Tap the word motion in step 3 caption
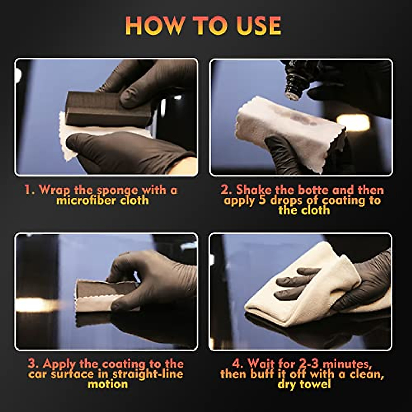pos(108,384)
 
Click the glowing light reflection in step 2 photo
pos(353,122)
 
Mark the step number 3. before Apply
pos(34,364)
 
